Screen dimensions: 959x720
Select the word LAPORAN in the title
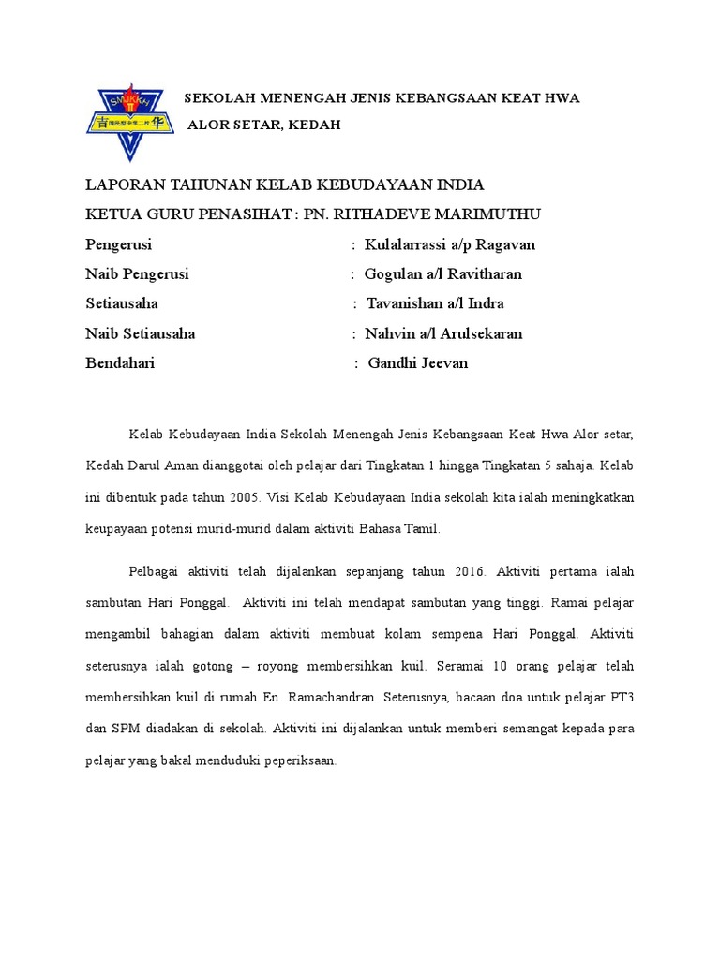tap(122, 185)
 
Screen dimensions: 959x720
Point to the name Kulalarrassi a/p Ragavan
tap(450, 245)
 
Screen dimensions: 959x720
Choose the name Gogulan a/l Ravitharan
tap(443, 274)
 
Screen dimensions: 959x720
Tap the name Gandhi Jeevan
tap(418, 363)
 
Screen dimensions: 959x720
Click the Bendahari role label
tap(120, 363)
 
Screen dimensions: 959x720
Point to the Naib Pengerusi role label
tap(137, 274)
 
